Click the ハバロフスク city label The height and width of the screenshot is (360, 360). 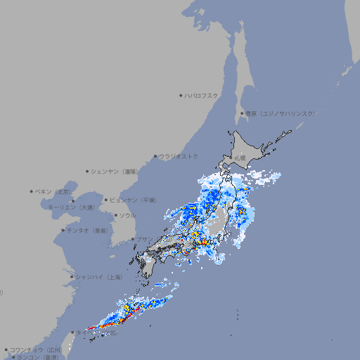pos(202,95)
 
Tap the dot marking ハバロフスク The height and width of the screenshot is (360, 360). pos(181,95)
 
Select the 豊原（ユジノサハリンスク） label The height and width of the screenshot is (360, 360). pos(281,113)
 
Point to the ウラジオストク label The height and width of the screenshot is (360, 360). pos(179,156)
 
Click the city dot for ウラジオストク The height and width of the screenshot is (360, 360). pos(155,156)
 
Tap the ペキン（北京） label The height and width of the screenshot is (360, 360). pos(54,191)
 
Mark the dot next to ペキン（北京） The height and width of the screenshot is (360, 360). pos(32,191)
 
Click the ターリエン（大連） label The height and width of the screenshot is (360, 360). pos(70,207)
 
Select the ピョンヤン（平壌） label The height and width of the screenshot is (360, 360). pos(134,200)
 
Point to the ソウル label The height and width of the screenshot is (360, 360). pos(127,215)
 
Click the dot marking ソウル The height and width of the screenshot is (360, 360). pos(115,215)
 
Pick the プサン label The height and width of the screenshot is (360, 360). pos(143,239)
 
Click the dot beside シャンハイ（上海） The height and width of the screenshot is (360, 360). pos(72,278)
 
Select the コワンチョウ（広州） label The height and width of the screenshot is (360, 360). pos(36,349)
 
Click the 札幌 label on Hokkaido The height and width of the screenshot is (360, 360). pos(240,158)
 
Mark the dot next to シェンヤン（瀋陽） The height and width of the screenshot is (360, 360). pos(87,171)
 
